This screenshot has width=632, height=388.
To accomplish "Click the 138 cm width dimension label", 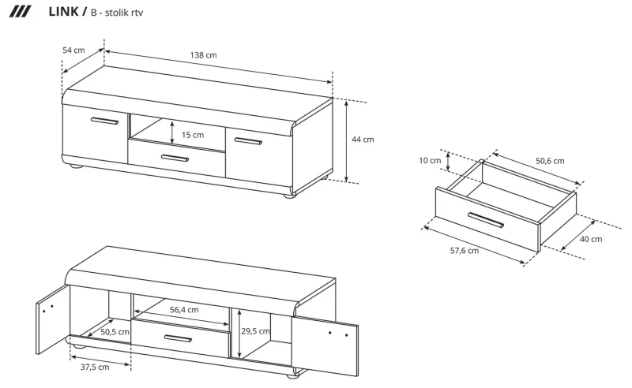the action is point(203,55).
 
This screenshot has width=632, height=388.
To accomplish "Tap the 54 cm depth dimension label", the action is point(73,50).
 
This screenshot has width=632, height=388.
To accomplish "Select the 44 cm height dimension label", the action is point(363,140).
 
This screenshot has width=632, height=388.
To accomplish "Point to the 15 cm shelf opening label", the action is point(193,135).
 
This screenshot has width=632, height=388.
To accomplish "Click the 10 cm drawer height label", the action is point(430,161).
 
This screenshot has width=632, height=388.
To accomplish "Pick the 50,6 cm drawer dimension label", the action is point(550,161).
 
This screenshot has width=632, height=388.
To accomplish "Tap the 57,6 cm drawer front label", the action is point(465,251).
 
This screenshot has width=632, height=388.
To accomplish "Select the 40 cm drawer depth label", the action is point(591,239).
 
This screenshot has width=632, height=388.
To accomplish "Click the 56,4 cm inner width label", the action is point(184,310).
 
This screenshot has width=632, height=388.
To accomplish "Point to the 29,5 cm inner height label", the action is point(255,331).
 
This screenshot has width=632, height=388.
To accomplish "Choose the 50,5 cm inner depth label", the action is point(115,332).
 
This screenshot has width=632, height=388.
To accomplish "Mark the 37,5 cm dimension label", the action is point(95,367).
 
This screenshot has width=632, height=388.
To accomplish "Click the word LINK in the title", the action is point(63,12).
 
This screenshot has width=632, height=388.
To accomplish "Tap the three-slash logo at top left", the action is point(20,12).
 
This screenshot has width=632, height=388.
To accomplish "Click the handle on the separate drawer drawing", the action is point(485,220).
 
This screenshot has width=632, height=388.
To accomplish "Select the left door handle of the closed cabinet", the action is point(105,121).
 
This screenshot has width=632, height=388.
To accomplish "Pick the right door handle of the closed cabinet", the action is point(248,141).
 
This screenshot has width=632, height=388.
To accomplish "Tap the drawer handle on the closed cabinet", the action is point(175,158).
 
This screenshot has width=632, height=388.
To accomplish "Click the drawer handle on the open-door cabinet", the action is point(179,338).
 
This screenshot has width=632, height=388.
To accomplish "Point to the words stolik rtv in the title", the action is point(124,13).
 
